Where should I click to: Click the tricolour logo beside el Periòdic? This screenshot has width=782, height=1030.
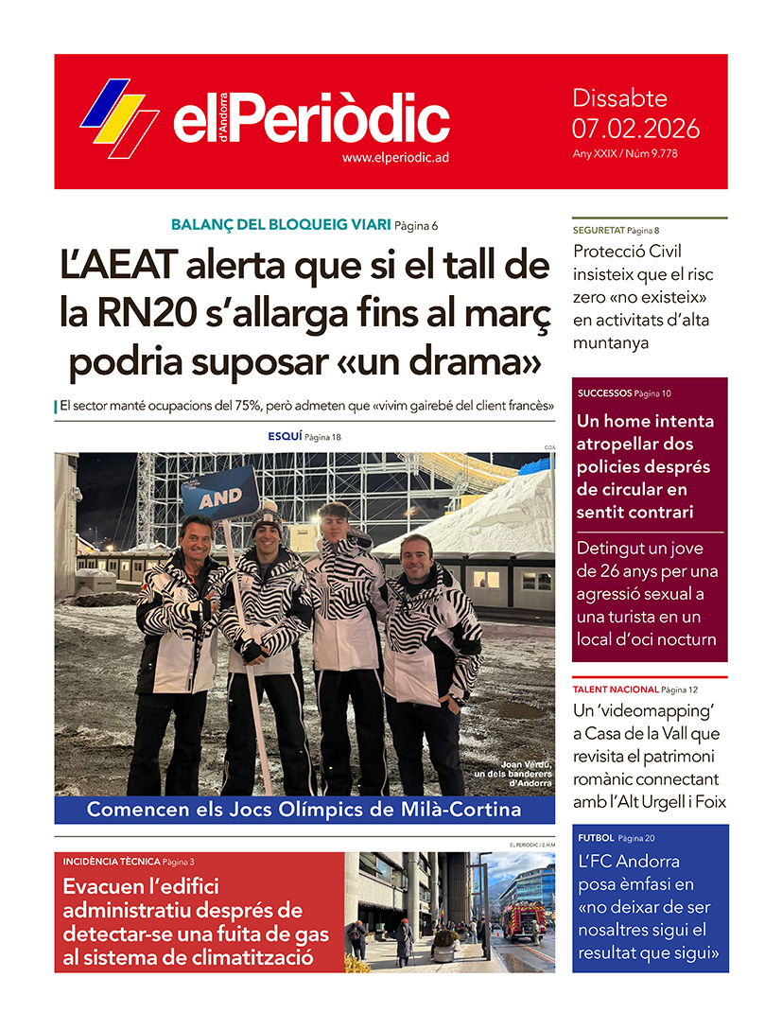pyautogui.click(x=120, y=118)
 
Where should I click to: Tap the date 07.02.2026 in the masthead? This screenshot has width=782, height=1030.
pyautogui.click(x=635, y=128)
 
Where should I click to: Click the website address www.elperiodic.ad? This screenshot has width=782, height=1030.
pyautogui.click(x=395, y=157)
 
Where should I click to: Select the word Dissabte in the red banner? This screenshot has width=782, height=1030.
pyautogui.click(x=620, y=98)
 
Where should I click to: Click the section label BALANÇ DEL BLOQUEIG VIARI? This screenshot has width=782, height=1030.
pyautogui.click(x=281, y=225)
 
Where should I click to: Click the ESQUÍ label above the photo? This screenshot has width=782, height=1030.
pyautogui.click(x=285, y=436)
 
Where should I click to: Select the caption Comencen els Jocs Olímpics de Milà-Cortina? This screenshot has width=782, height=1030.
pyautogui.click(x=304, y=810)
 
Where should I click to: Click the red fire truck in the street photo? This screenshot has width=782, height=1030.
pyautogui.click(x=524, y=919)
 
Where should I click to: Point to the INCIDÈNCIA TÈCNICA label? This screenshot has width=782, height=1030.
pyautogui.click(x=111, y=862)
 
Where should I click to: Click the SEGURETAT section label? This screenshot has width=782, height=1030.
pyautogui.click(x=598, y=230)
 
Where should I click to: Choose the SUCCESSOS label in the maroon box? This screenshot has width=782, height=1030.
pyautogui.click(x=603, y=393)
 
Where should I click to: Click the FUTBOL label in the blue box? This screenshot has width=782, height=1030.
pyautogui.click(x=598, y=838)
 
